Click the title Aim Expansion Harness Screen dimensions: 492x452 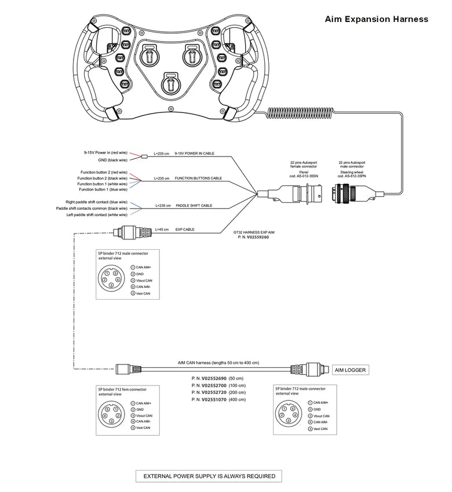pyautogui.click(x=376, y=19)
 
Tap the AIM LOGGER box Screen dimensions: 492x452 pyautogui.click(x=351, y=369)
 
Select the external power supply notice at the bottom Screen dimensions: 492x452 pyautogui.click(x=209, y=476)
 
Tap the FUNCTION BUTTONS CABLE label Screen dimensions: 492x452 pyautogui.click(x=198, y=178)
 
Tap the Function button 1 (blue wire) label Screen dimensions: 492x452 pyautogui.click(x=103, y=189)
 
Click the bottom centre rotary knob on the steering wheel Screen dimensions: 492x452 pyautogui.click(x=170, y=83)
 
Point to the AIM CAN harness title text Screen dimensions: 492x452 pyautogui.click(x=218, y=362)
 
